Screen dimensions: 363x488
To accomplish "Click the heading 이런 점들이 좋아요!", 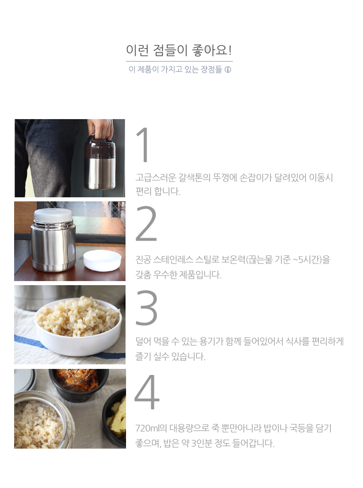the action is pyautogui.click(x=179, y=50).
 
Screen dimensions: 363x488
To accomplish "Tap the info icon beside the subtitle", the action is pyautogui.click(x=228, y=70).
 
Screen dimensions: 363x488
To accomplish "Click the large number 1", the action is pyautogui.click(x=143, y=145).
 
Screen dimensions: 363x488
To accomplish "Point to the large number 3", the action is pyautogui.click(x=146, y=307).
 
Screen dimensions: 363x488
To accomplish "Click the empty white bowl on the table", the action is pyautogui.click(x=102, y=261).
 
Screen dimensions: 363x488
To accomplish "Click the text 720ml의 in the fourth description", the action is pyautogui.click(x=151, y=428).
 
